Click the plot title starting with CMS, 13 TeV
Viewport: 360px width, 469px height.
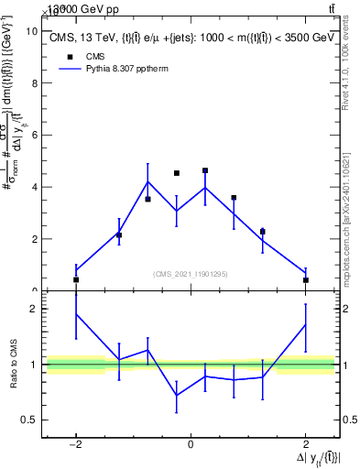coord(190,38)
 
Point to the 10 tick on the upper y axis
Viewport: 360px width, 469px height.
coord(33,31)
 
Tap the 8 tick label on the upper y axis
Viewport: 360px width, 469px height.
coord(33,83)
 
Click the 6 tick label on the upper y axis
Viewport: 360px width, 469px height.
coord(33,136)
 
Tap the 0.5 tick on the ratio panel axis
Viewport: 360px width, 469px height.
coord(29,420)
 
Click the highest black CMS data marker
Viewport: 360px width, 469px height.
coord(205,170)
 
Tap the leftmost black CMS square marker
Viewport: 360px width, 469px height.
coord(76,279)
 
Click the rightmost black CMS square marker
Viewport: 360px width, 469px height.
coord(305,279)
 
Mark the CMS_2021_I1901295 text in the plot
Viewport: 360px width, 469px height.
coord(191,274)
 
